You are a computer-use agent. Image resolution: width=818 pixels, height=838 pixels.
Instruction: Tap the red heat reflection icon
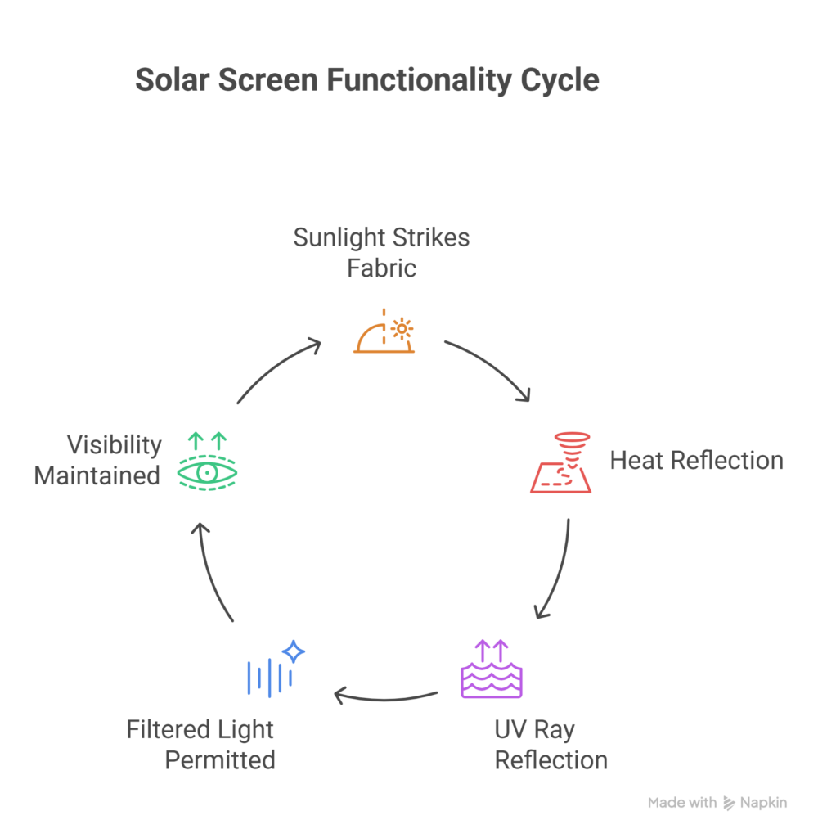coord(561,464)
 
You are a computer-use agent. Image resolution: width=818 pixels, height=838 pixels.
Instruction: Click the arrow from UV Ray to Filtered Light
coord(384,698)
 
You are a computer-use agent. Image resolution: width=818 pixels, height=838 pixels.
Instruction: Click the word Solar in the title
coord(167,80)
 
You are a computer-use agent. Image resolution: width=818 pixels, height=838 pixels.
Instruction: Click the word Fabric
coord(382,268)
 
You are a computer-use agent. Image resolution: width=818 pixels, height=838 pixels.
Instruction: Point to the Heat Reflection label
coord(697,461)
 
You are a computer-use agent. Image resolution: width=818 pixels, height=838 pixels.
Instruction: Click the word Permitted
coord(220,759)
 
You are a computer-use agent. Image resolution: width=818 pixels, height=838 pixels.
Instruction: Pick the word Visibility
coord(114,445)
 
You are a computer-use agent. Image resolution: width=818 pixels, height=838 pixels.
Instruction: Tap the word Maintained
coord(97,475)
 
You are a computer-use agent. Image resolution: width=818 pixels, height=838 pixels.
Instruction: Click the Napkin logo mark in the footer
coord(729,804)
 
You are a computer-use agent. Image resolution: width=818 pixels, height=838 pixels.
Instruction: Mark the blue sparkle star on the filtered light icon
coord(294,652)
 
